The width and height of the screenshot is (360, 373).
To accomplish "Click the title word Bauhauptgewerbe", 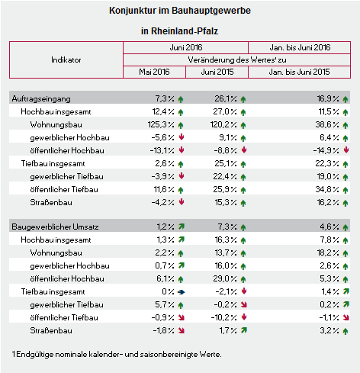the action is point(211,11).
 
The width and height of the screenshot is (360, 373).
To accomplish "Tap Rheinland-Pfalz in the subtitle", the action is point(185,31).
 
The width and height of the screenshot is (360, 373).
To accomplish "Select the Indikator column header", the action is point(66,59).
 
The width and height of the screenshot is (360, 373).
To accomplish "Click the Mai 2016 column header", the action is point(154,72).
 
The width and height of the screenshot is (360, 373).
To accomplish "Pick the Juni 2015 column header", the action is point(217,72).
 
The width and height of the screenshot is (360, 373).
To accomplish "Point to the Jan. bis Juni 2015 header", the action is point(299,72).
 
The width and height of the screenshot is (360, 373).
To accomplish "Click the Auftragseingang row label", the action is point(41,98).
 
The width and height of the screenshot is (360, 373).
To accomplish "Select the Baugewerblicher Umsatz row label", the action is point(55,227).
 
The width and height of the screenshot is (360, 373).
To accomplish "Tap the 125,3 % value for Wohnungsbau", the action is point(161,124).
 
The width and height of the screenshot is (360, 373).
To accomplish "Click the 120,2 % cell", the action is point(223,124).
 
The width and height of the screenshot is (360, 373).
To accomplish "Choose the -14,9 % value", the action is point(326,150).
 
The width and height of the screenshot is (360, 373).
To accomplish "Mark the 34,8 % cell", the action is point(327,189).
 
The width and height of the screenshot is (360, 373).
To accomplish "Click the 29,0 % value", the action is point(225,278).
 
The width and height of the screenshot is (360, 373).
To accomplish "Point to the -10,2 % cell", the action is point(223,317).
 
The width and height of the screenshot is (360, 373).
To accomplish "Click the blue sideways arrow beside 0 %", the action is point(181,292).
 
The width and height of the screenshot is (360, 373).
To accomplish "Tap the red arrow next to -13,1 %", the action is point(182,150).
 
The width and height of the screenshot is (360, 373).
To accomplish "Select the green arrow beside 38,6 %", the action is point(346,125).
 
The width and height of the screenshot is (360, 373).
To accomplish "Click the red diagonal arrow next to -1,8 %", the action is point(182,330).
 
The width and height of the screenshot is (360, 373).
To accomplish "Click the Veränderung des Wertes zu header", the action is point(237,59).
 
